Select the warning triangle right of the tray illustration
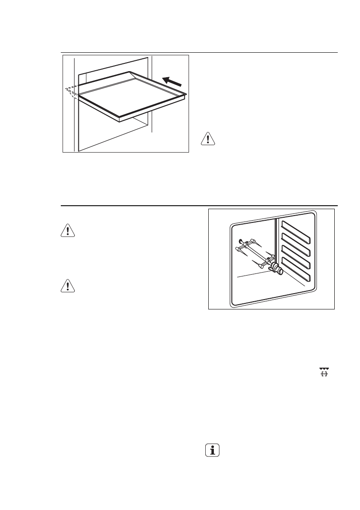tap(208, 140)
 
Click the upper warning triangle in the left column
tap(68, 230)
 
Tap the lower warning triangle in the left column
tap(68, 286)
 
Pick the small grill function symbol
tap(324, 372)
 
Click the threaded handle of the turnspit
tap(278, 270)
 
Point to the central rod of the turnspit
tap(253, 255)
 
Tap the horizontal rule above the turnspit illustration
tap(199, 206)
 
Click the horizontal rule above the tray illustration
tap(199, 53)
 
